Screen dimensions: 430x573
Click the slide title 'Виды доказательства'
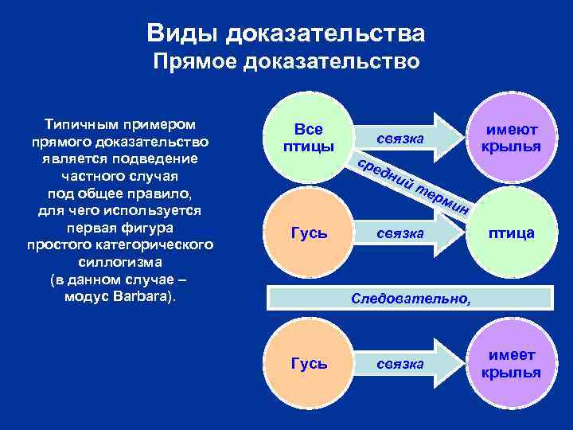coord(286,33)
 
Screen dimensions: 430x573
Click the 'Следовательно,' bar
coord(411,299)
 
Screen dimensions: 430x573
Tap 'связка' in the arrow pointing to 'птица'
coord(400,233)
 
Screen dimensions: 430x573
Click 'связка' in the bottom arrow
coord(400,364)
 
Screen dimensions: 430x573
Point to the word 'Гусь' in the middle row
coord(309,233)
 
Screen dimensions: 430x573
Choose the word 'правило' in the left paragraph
coord(164,193)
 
